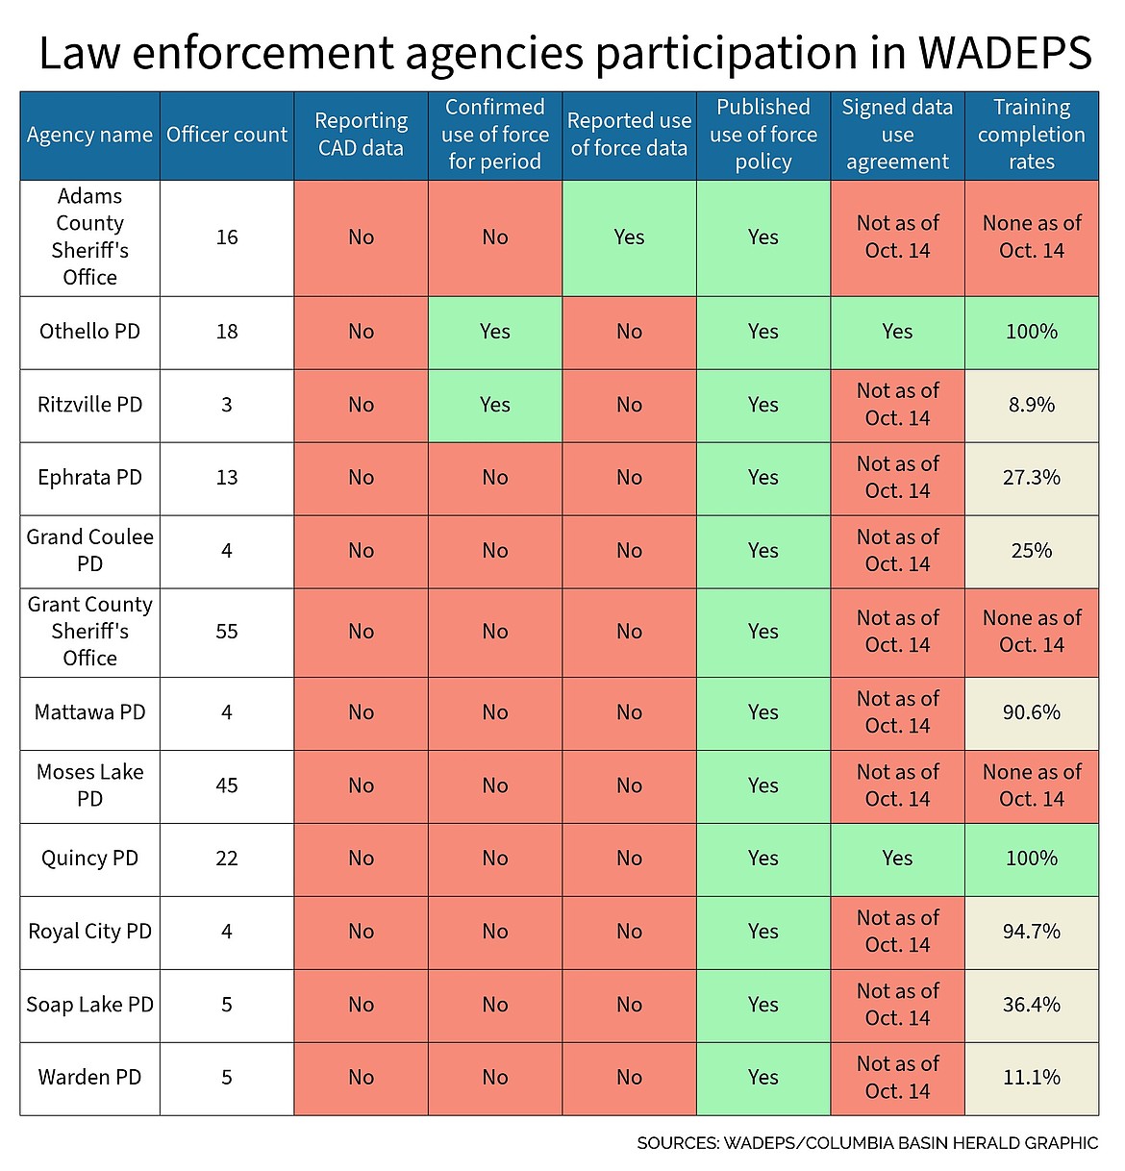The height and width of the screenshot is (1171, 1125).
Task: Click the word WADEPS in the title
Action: coord(1004,53)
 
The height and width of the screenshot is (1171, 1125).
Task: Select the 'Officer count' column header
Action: coord(227,135)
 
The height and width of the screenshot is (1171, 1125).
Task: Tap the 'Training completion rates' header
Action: coord(1032,135)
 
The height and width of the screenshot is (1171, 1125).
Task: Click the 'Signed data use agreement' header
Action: coord(897,135)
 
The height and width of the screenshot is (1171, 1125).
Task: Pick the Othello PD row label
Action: coord(89,332)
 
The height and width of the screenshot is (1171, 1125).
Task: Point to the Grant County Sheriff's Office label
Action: coord(89,632)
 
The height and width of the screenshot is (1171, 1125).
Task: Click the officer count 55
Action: coord(227,632)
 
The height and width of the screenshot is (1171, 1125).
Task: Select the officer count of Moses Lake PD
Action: coord(227,785)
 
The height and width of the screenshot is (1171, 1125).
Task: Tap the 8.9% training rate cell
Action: coord(1032,405)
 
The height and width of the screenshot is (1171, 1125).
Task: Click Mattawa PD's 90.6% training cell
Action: coord(1032,712)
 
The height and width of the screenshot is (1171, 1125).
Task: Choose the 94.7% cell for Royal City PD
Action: coord(1032,932)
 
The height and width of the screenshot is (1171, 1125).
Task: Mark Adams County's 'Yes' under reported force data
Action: coord(629,237)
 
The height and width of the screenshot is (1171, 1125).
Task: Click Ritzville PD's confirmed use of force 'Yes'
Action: coord(495,405)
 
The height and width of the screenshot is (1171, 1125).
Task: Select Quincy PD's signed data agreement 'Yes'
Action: coord(897,859)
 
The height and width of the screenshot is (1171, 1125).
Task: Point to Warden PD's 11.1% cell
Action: coord(1032,1078)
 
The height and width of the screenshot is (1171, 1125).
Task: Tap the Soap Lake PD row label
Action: coord(89,1005)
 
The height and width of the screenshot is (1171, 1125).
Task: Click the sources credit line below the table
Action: coord(866,1143)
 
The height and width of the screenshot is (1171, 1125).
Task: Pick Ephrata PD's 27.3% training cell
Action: coord(1032,478)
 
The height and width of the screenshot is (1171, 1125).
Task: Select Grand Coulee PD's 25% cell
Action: coord(1032,551)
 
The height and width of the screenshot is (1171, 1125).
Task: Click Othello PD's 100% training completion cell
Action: coord(1032,332)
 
